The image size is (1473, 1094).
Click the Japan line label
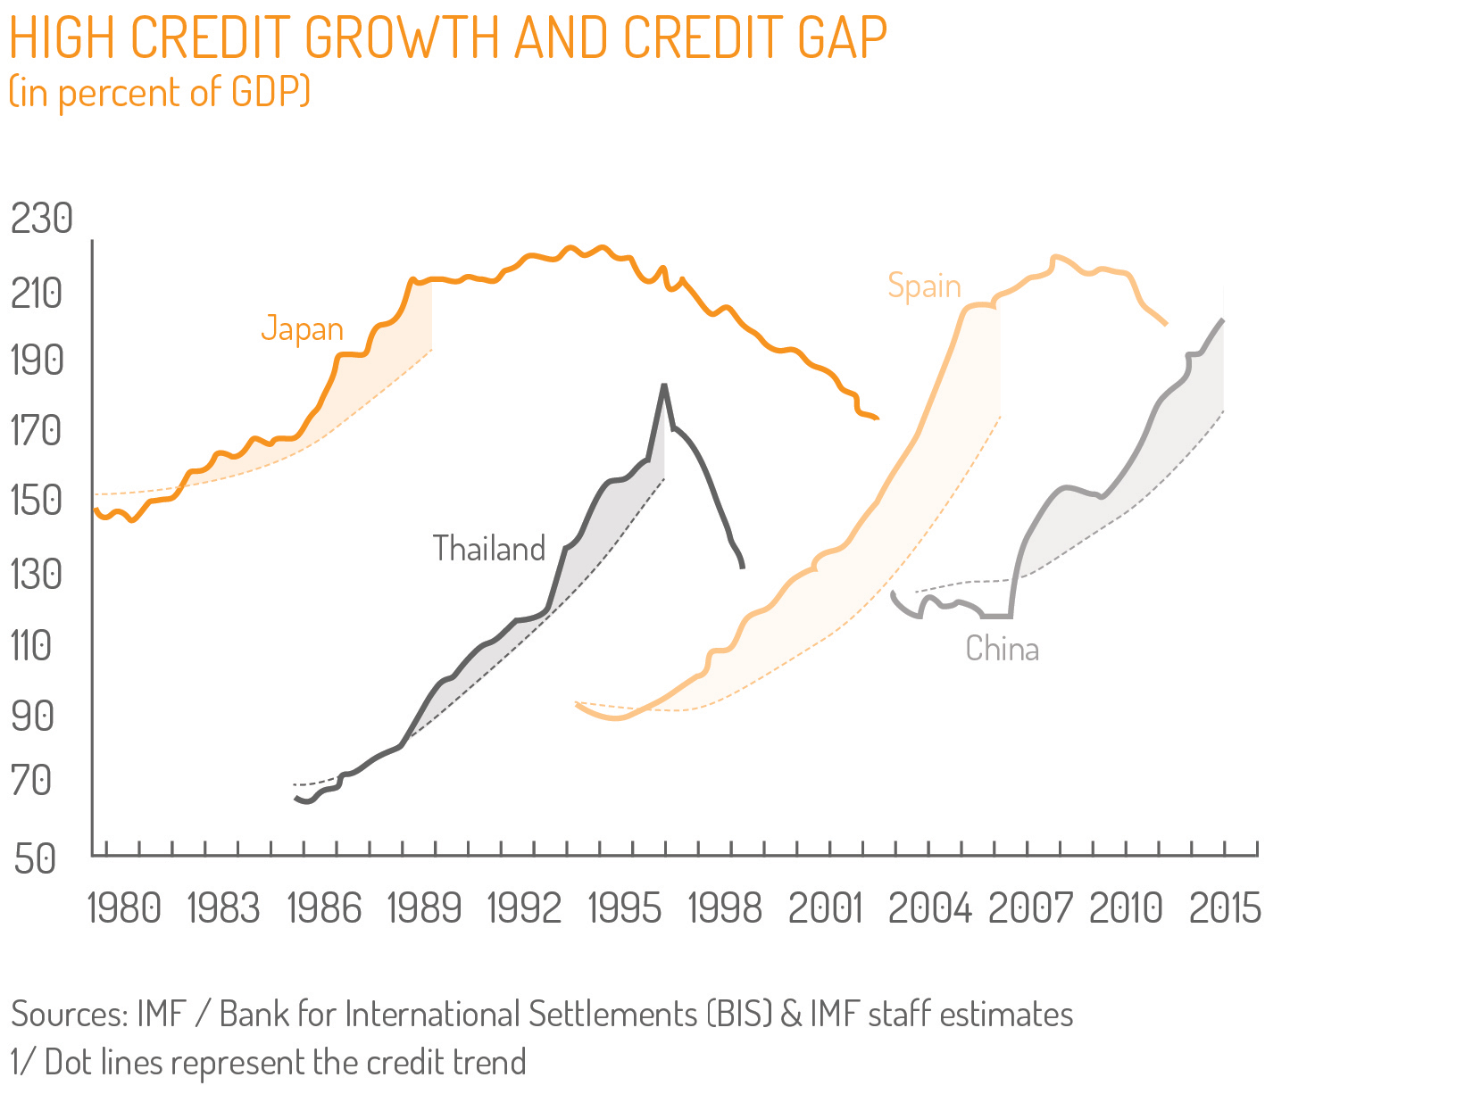tap(302, 329)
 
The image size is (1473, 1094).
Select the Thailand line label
tap(488, 548)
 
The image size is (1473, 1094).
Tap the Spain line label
tap(924, 286)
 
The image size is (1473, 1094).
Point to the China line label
tap(1002, 648)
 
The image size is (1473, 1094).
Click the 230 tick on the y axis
tap(41, 219)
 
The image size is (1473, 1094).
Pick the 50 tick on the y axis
tap(36, 858)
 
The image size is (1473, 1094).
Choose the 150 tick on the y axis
tap(37, 500)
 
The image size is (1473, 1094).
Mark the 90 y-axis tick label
tap(34, 716)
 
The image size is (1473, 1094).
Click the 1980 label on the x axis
tap(124, 908)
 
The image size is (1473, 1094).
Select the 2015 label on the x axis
tap(1225, 908)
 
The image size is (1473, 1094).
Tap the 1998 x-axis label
tap(725, 908)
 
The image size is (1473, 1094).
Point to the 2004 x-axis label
tap(928, 908)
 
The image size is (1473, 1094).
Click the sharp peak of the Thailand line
tap(663, 385)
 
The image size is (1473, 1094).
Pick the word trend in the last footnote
tap(489, 1063)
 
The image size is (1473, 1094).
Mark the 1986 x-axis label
tap(325, 908)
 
